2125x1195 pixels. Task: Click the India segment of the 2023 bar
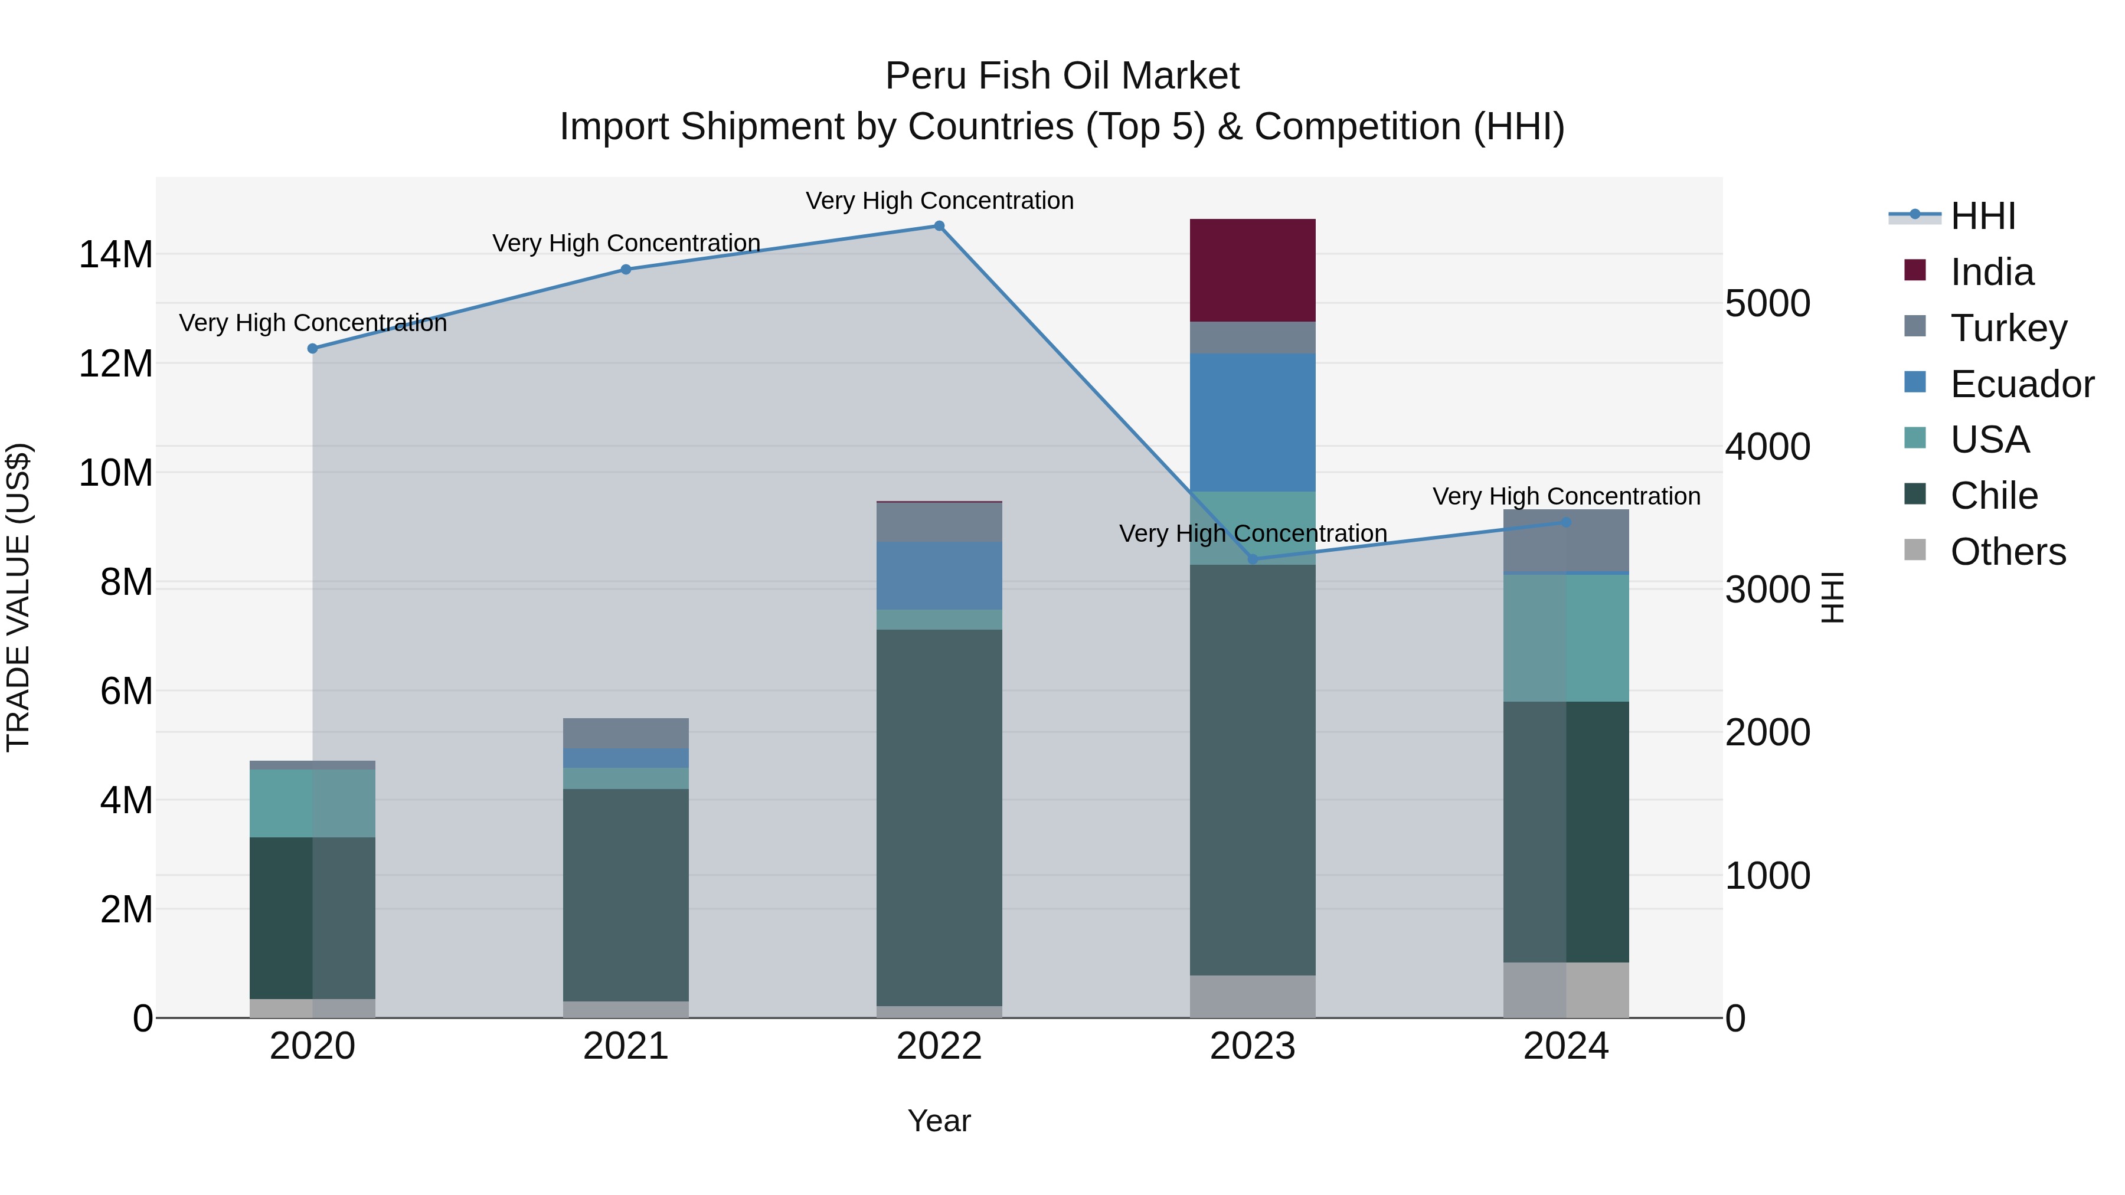tap(1252, 270)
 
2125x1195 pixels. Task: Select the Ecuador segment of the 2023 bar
tap(1252, 423)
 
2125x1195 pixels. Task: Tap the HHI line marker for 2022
tap(939, 226)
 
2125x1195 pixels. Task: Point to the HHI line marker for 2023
tap(1252, 559)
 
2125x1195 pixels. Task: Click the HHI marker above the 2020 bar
tap(313, 349)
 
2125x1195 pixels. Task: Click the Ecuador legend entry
tap(2021, 384)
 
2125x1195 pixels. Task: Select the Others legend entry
tap(2007, 552)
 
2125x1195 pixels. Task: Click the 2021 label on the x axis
tap(625, 1046)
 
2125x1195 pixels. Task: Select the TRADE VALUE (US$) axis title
tap(18, 597)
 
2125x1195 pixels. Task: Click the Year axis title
tap(939, 1121)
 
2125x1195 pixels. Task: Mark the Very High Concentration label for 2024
tap(1565, 496)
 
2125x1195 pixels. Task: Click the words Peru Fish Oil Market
tap(1062, 76)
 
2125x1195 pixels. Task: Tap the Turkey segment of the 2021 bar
tap(625, 733)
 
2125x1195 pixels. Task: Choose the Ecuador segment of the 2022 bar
tap(939, 575)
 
